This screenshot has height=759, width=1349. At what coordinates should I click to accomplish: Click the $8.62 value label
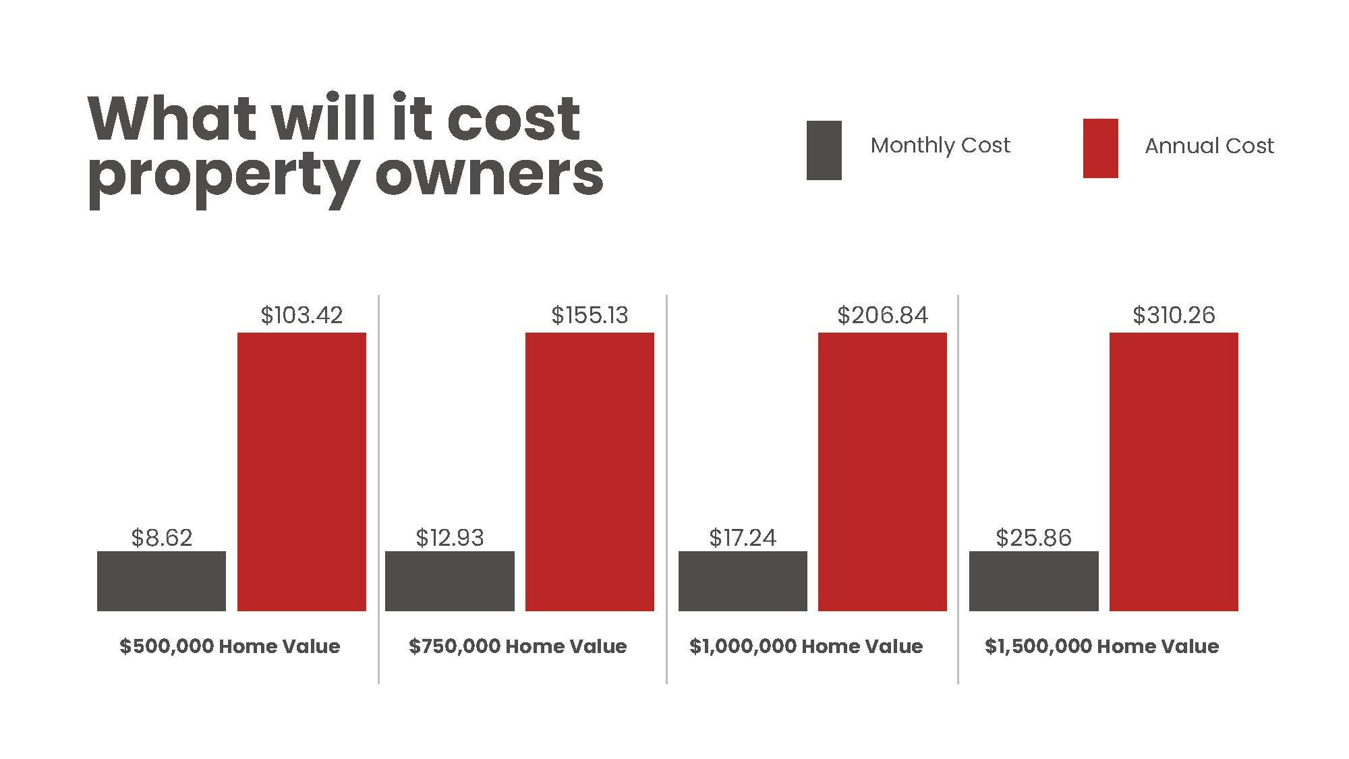(162, 538)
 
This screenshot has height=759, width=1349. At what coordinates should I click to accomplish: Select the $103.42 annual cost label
(302, 315)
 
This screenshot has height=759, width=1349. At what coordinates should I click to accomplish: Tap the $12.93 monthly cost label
(450, 538)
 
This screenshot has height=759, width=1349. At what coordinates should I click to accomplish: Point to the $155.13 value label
(590, 315)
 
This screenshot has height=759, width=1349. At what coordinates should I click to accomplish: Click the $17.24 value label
(743, 538)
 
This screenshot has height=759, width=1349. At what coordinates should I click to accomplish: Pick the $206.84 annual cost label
(882, 315)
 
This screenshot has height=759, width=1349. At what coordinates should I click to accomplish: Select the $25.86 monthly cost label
(1033, 538)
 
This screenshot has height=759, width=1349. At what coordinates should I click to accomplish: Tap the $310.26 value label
(1174, 315)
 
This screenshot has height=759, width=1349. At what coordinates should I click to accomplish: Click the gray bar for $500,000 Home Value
(162, 581)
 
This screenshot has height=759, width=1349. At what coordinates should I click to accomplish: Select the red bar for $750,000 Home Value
(590, 472)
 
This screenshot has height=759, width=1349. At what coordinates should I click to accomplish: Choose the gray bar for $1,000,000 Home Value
(743, 581)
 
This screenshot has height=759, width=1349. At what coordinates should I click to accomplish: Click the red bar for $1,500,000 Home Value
(1174, 472)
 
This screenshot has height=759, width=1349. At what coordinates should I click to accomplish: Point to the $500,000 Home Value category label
(230, 646)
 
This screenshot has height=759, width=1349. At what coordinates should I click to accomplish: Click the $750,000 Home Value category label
(518, 646)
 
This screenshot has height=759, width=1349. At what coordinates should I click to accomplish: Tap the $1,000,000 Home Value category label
(806, 646)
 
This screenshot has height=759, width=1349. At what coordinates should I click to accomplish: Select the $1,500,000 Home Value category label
(1102, 646)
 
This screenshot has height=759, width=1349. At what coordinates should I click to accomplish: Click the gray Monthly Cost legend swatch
(824, 150)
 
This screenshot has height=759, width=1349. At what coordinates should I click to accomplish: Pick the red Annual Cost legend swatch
(1100, 148)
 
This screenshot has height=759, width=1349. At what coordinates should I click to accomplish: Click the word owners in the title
(489, 175)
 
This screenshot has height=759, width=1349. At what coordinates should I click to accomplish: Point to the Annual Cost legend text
(1209, 146)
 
